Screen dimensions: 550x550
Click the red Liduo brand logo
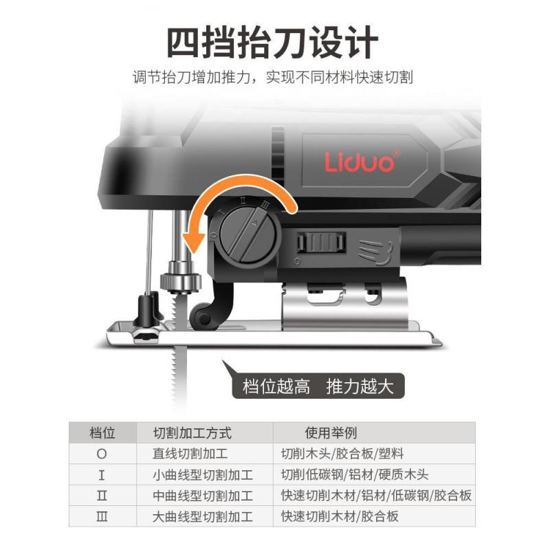pos(360,161)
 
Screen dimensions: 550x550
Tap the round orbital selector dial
pos(250,234)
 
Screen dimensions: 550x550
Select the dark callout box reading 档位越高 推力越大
pos(318,386)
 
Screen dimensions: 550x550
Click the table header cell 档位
pos(102,433)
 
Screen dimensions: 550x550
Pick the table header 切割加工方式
pos(192,433)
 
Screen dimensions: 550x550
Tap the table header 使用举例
pos(331,433)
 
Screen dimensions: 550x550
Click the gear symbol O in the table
pos(102,454)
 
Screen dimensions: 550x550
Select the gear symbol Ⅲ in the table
pos(102,516)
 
